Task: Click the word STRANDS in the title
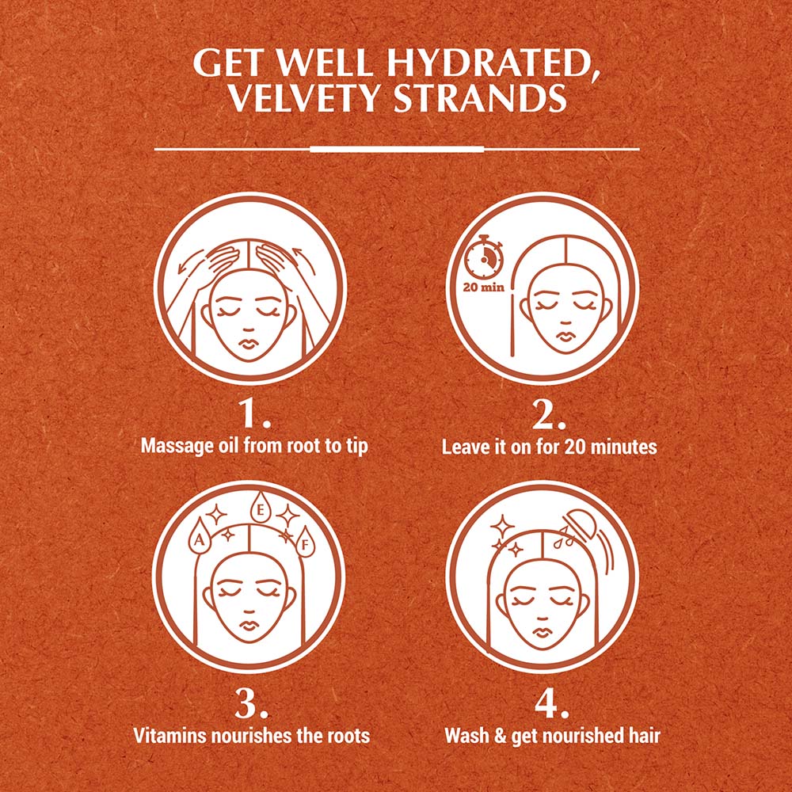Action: tap(485, 101)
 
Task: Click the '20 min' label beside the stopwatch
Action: tap(483, 286)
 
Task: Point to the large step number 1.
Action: tap(253, 413)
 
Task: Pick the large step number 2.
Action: tap(549, 413)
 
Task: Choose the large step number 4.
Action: tap(550, 703)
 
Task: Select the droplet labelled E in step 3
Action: tap(260, 509)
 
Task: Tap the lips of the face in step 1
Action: tap(249, 345)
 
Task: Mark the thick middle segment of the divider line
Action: tap(396, 148)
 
